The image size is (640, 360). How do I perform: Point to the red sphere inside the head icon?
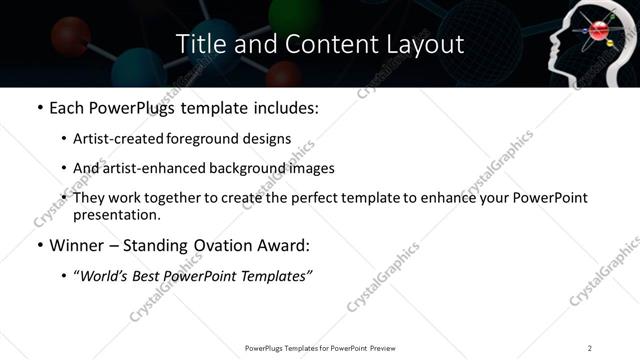pos(599,31)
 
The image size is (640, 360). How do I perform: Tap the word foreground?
pos(199,137)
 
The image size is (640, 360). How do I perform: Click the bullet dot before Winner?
pos(39,245)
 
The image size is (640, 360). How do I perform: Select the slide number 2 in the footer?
pos(589,347)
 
